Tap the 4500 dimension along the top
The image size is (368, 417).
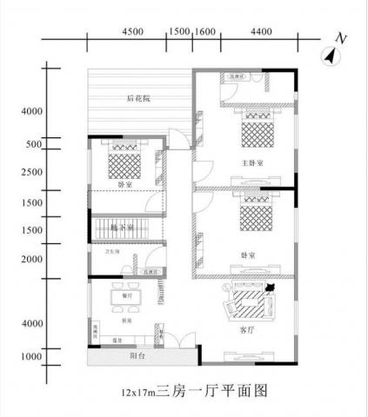132,30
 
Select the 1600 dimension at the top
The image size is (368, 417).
206,30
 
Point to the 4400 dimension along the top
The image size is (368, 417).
262,30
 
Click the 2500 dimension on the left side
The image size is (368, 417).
32,172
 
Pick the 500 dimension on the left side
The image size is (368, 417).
34,145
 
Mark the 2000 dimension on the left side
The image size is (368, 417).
32,259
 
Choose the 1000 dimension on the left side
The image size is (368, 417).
32,356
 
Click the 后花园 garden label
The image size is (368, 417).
137,99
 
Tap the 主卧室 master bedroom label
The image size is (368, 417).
251,162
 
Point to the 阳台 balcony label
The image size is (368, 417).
137,356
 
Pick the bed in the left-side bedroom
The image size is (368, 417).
121,161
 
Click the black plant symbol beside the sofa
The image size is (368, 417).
271,287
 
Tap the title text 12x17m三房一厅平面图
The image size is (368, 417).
184,394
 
